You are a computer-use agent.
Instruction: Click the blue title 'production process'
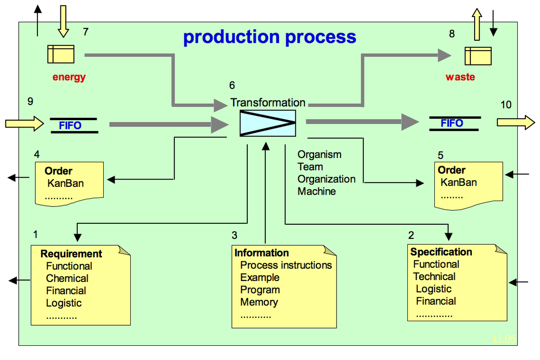270,37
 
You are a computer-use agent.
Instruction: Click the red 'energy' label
69,77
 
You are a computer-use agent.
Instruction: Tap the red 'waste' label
460,77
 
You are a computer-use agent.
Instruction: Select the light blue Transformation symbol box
267,123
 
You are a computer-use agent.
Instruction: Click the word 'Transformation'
268,102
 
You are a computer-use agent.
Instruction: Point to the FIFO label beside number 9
70,125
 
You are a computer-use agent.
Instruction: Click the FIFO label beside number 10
452,123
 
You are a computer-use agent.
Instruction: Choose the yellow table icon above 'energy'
61,54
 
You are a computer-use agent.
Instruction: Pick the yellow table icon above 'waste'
478,56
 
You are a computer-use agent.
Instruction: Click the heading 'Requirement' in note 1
71,254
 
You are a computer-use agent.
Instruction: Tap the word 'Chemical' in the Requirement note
67,278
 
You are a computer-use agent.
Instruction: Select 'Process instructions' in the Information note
286,265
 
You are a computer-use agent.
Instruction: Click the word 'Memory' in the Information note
259,302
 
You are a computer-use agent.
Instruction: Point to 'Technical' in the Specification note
434,276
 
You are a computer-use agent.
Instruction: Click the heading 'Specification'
441,252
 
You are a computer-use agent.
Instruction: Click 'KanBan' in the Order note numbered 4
65,183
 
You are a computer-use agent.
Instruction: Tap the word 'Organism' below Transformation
320,154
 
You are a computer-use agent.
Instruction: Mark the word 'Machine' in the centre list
316,191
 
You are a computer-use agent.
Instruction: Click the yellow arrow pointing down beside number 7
64,21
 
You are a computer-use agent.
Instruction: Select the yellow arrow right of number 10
516,122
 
